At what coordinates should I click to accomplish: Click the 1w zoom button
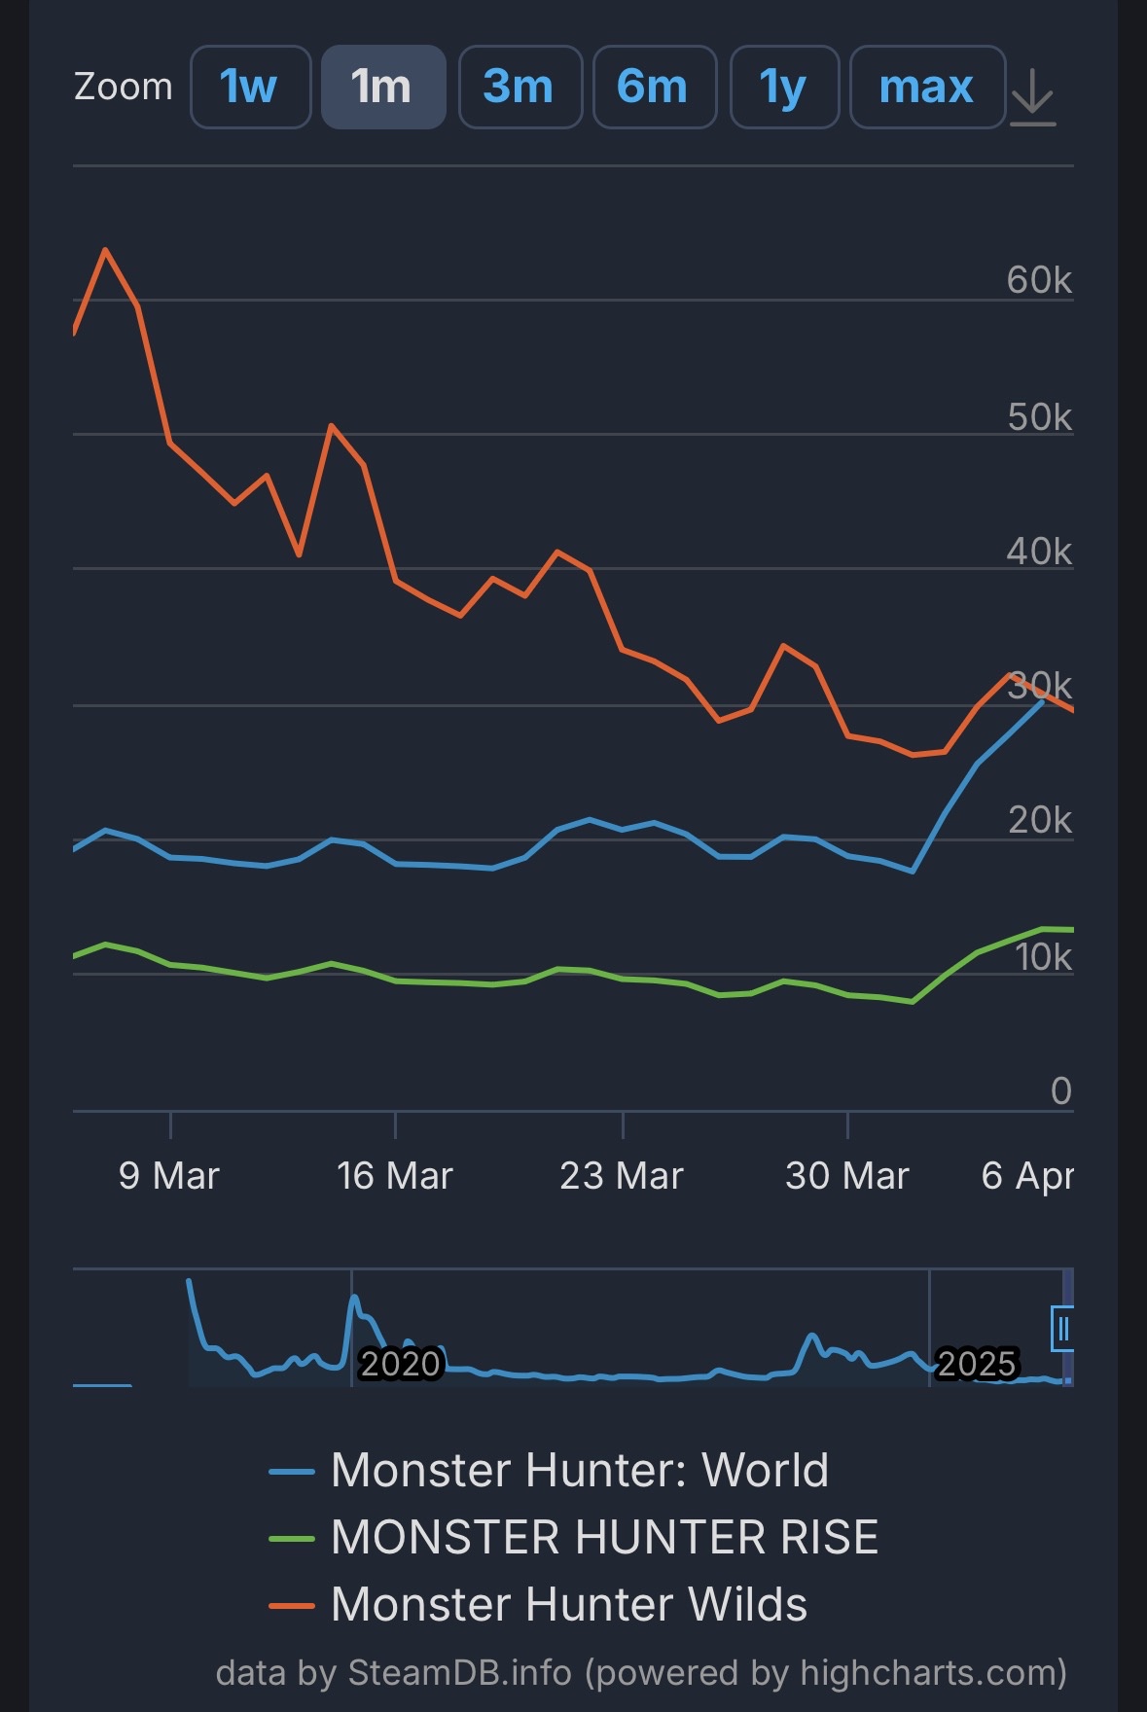pyautogui.click(x=250, y=87)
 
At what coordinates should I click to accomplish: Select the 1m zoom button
pyautogui.click(x=383, y=87)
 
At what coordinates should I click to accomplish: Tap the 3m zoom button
pyautogui.click(x=520, y=87)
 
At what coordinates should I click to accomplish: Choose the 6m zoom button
pyautogui.click(x=654, y=87)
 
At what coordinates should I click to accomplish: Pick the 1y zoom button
pyautogui.click(x=784, y=87)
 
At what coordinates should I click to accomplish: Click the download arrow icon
pyautogui.click(x=1032, y=97)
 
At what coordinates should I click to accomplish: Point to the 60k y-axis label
pyautogui.click(x=1039, y=280)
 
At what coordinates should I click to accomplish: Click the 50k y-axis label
pyautogui.click(x=1039, y=417)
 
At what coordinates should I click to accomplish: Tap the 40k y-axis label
pyautogui.click(x=1039, y=552)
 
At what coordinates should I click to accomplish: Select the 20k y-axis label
pyautogui.click(x=1039, y=821)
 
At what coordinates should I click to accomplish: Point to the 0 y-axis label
pyautogui.click(x=1060, y=1090)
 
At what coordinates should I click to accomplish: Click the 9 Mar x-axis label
pyautogui.click(x=169, y=1176)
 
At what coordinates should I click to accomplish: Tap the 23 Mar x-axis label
pyautogui.click(x=622, y=1176)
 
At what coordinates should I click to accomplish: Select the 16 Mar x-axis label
pyautogui.click(x=395, y=1176)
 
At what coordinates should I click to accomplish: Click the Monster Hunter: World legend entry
pyautogui.click(x=579, y=1470)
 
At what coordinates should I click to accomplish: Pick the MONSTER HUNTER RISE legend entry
pyautogui.click(x=603, y=1537)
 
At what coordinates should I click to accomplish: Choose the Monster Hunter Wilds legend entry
pyautogui.click(x=568, y=1605)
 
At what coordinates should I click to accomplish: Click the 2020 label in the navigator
pyautogui.click(x=401, y=1363)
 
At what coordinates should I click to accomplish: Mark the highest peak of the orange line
pyautogui.click(x=105, y=250)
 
